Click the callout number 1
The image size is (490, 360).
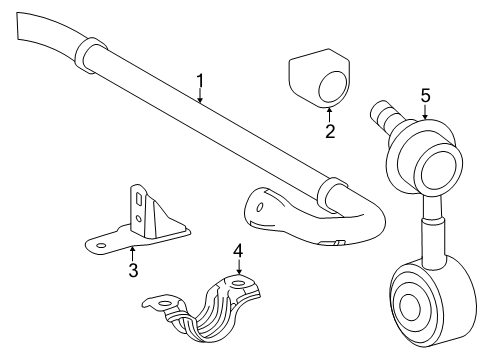(200, 81)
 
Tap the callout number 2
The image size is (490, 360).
(330, 131)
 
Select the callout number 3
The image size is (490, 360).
(133, 270)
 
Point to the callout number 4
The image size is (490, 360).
(238, 251)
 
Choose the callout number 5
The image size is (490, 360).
(425, 96)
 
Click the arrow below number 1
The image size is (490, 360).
(200, 96)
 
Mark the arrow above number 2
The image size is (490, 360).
(329, 115)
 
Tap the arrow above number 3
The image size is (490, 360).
(133, 254)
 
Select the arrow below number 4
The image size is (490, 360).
(239, 267)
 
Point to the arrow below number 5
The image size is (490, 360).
(425, 112)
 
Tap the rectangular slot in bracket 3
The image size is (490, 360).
(139, 201)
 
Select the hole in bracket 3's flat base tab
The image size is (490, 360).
(101, 246)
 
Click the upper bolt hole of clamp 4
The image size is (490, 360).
(238, 284)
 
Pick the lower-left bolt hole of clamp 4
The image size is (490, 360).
(164, 303)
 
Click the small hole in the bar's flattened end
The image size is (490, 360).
(259, 207)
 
